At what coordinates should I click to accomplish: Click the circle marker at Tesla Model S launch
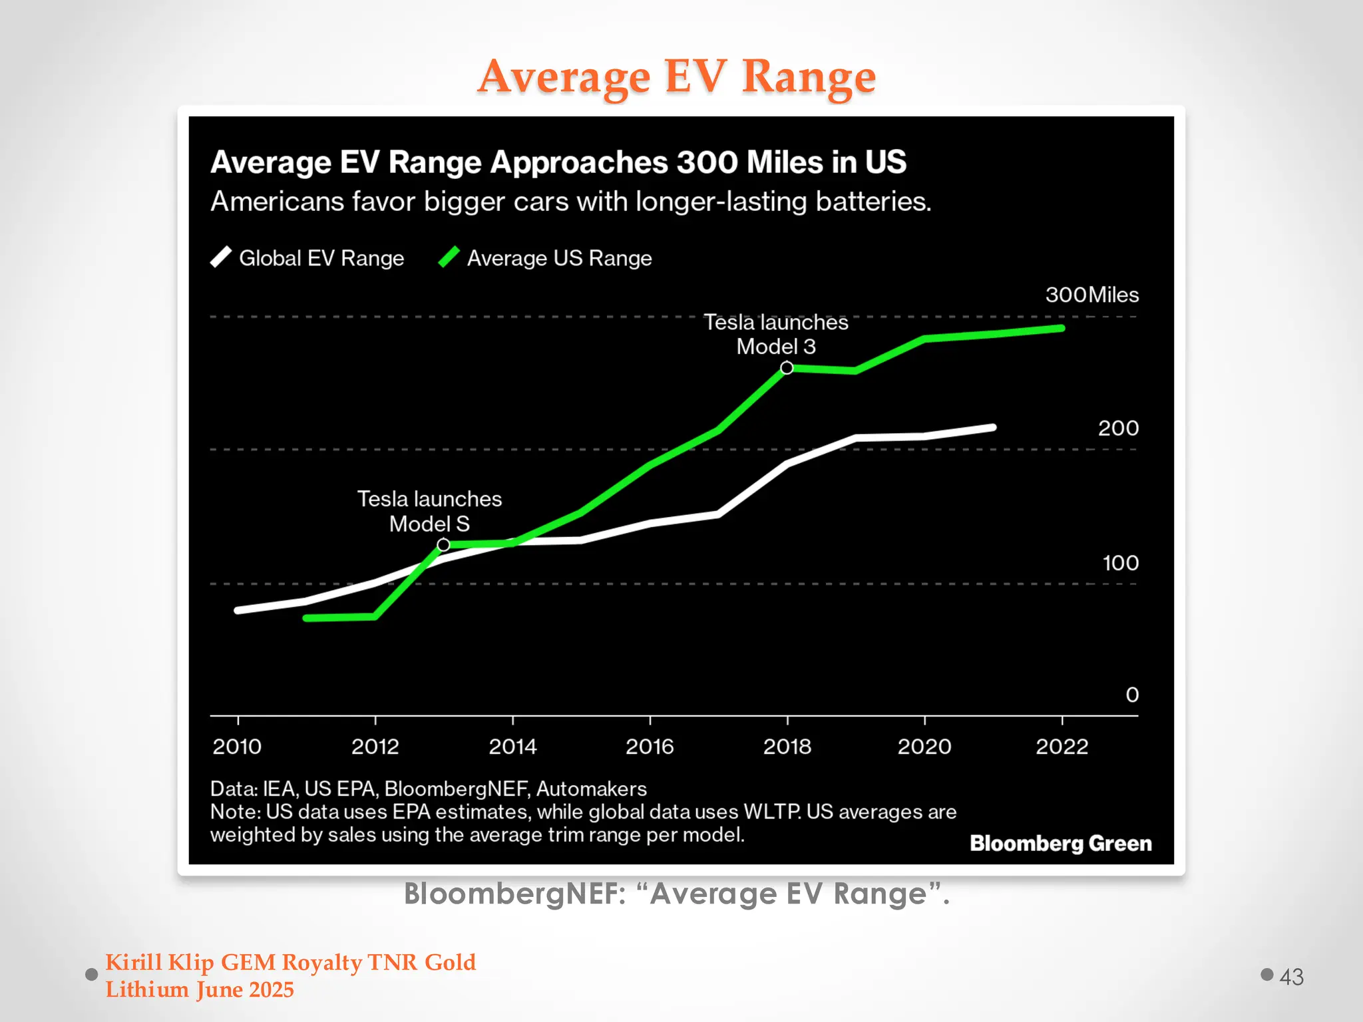(443, 545)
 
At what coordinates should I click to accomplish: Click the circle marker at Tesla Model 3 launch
(787, 368)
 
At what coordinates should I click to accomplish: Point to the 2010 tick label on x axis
(237, 747)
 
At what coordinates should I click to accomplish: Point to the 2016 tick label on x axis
(650, 747)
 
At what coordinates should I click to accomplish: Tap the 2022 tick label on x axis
(1062, 747)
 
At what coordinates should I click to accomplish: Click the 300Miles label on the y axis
(1091, 295)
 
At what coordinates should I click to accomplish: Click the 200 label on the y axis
(1118, 428)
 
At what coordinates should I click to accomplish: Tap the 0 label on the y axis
(1131, 695)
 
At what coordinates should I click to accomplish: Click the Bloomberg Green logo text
(1060, 843)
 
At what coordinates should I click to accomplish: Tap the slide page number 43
(1291, 977)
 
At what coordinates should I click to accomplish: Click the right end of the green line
(1062, 328)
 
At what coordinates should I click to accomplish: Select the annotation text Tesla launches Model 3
(776, 334)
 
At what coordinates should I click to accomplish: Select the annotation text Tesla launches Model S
(429, 511)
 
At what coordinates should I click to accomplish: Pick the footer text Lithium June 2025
(200, 990)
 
